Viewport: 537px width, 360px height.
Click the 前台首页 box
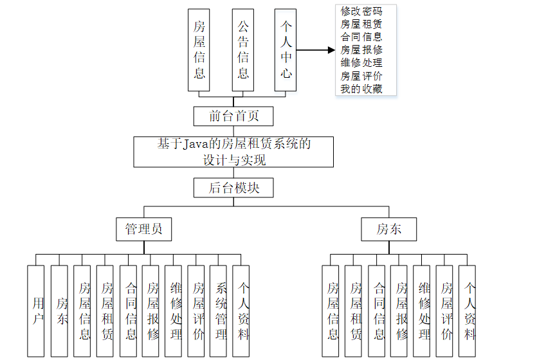tap(233, 116)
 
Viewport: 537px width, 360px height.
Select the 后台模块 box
tap(233, 188)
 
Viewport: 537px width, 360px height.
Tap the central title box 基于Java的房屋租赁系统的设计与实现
tap(233, 152)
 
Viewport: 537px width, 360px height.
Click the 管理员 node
tap(143, 229)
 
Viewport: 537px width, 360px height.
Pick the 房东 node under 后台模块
tap(388, 229)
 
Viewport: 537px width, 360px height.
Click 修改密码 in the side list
tap(361, 12)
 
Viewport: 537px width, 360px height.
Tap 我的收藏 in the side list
tap(361, 89)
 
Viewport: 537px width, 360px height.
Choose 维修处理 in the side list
tap(361, 63)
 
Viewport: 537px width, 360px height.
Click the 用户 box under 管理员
tap(36, 310)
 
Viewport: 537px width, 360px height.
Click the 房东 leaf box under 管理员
tap(59, 310)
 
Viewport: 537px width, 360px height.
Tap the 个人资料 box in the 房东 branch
tap(468, 310)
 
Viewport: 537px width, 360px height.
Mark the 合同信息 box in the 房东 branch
tap(377, 310)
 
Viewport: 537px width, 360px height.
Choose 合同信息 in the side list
tap(361, 37)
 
